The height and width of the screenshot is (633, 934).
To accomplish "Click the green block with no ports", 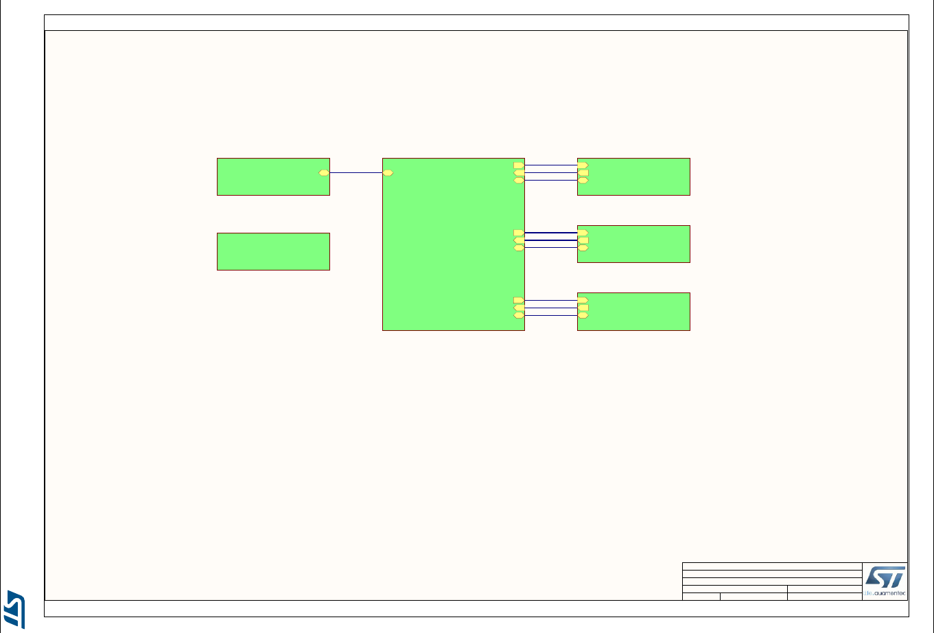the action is [273, 251].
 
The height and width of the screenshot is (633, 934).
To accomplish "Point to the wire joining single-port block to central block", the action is [355, 173].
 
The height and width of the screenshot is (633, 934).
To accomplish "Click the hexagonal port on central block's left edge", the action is [388, 173].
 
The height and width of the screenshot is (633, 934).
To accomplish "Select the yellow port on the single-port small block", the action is [324, 173].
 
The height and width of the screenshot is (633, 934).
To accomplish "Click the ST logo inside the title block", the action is [885, 577].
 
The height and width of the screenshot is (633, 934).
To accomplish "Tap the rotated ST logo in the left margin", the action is [15, 608].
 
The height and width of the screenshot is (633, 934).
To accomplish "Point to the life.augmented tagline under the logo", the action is [885, 593].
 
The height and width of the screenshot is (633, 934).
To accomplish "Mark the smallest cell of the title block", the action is [701, 596].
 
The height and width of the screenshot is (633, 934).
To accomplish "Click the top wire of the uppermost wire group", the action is [551, 165].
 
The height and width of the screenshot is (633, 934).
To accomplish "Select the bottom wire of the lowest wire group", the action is [551, 316].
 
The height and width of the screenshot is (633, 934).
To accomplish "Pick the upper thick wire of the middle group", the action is [551, 233].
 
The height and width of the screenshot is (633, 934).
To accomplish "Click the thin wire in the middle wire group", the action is [551, 248].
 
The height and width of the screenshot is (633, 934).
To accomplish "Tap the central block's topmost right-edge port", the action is [519, 165].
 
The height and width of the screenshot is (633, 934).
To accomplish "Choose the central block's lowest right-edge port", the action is [519, 316].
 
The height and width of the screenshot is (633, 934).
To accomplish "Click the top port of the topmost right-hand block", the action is [583, 165].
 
